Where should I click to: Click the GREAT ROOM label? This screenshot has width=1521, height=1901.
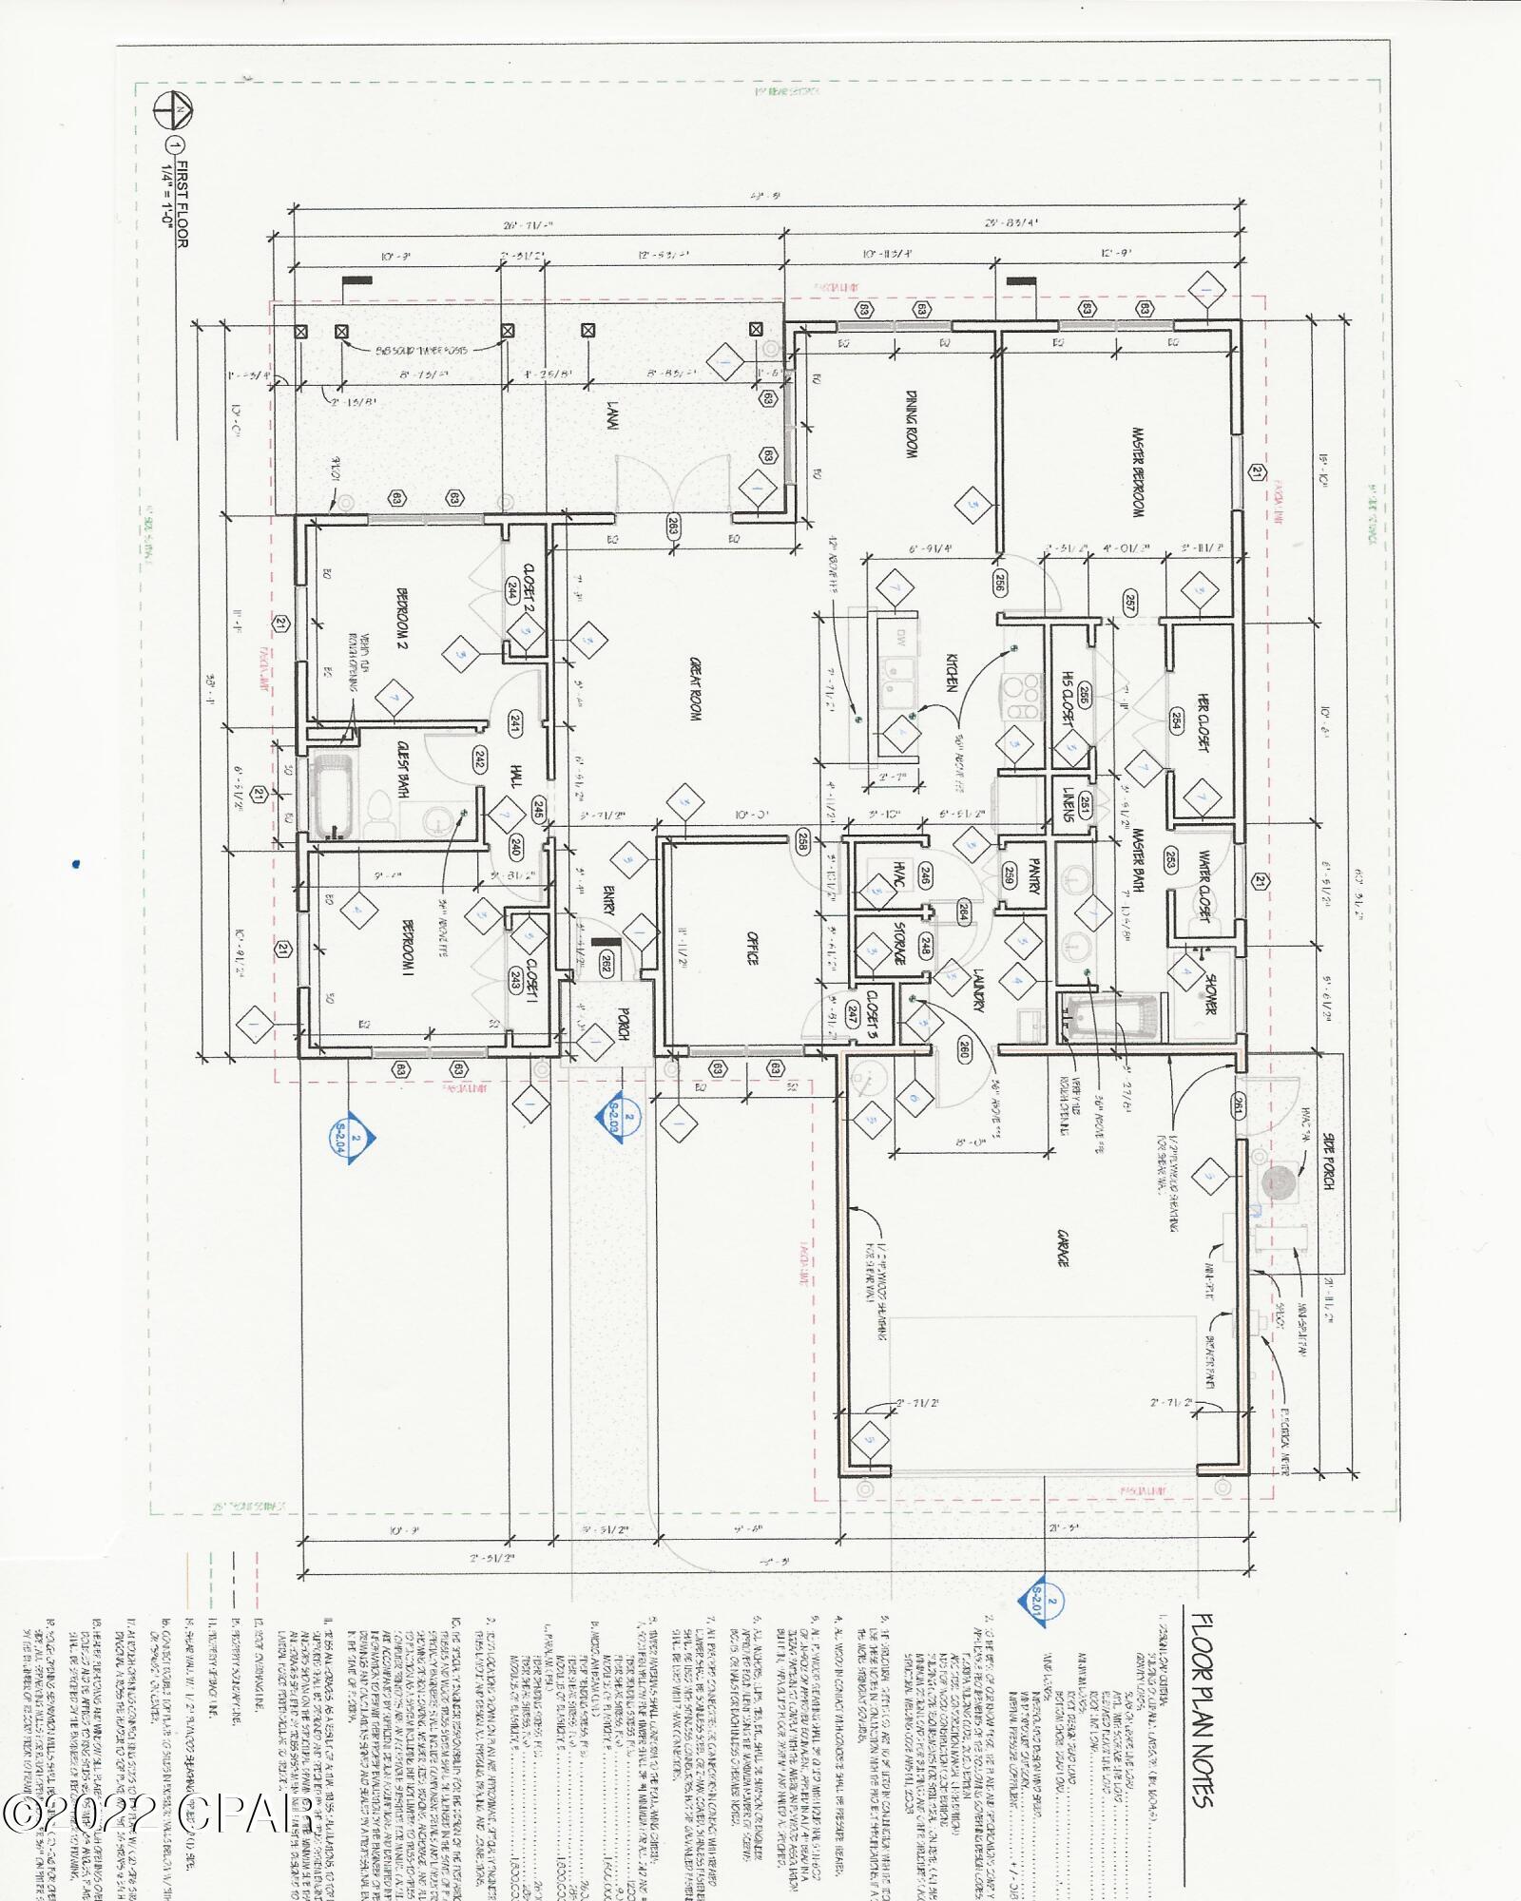coord(695,690)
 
